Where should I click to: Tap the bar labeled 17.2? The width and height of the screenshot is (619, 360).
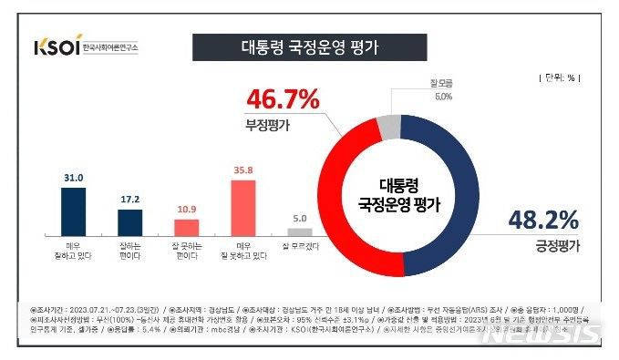tap(130, 221)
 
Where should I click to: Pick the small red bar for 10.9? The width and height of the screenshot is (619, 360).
tap(186, 226)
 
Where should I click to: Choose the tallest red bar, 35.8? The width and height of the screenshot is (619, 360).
tap(242, 206)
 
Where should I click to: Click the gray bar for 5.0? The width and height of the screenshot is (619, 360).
tap(300, 231)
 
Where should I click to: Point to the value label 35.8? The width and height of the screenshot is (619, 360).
tap(242, 169)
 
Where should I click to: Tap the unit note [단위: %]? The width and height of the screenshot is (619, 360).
tap(559, 79)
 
